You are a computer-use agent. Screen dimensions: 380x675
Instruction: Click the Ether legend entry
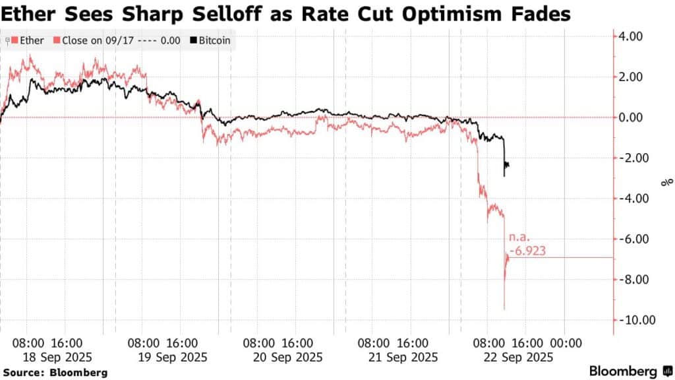pos(28,41)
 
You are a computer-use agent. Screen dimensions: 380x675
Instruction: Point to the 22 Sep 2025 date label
pos(514,357)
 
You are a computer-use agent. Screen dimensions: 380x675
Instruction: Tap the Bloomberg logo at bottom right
pos(627,371)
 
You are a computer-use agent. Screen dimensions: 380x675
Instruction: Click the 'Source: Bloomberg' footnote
pos(54,372)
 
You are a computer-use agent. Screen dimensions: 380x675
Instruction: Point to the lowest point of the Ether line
pos(504,309)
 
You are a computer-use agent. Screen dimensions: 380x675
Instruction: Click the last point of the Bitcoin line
pos(508,166)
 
